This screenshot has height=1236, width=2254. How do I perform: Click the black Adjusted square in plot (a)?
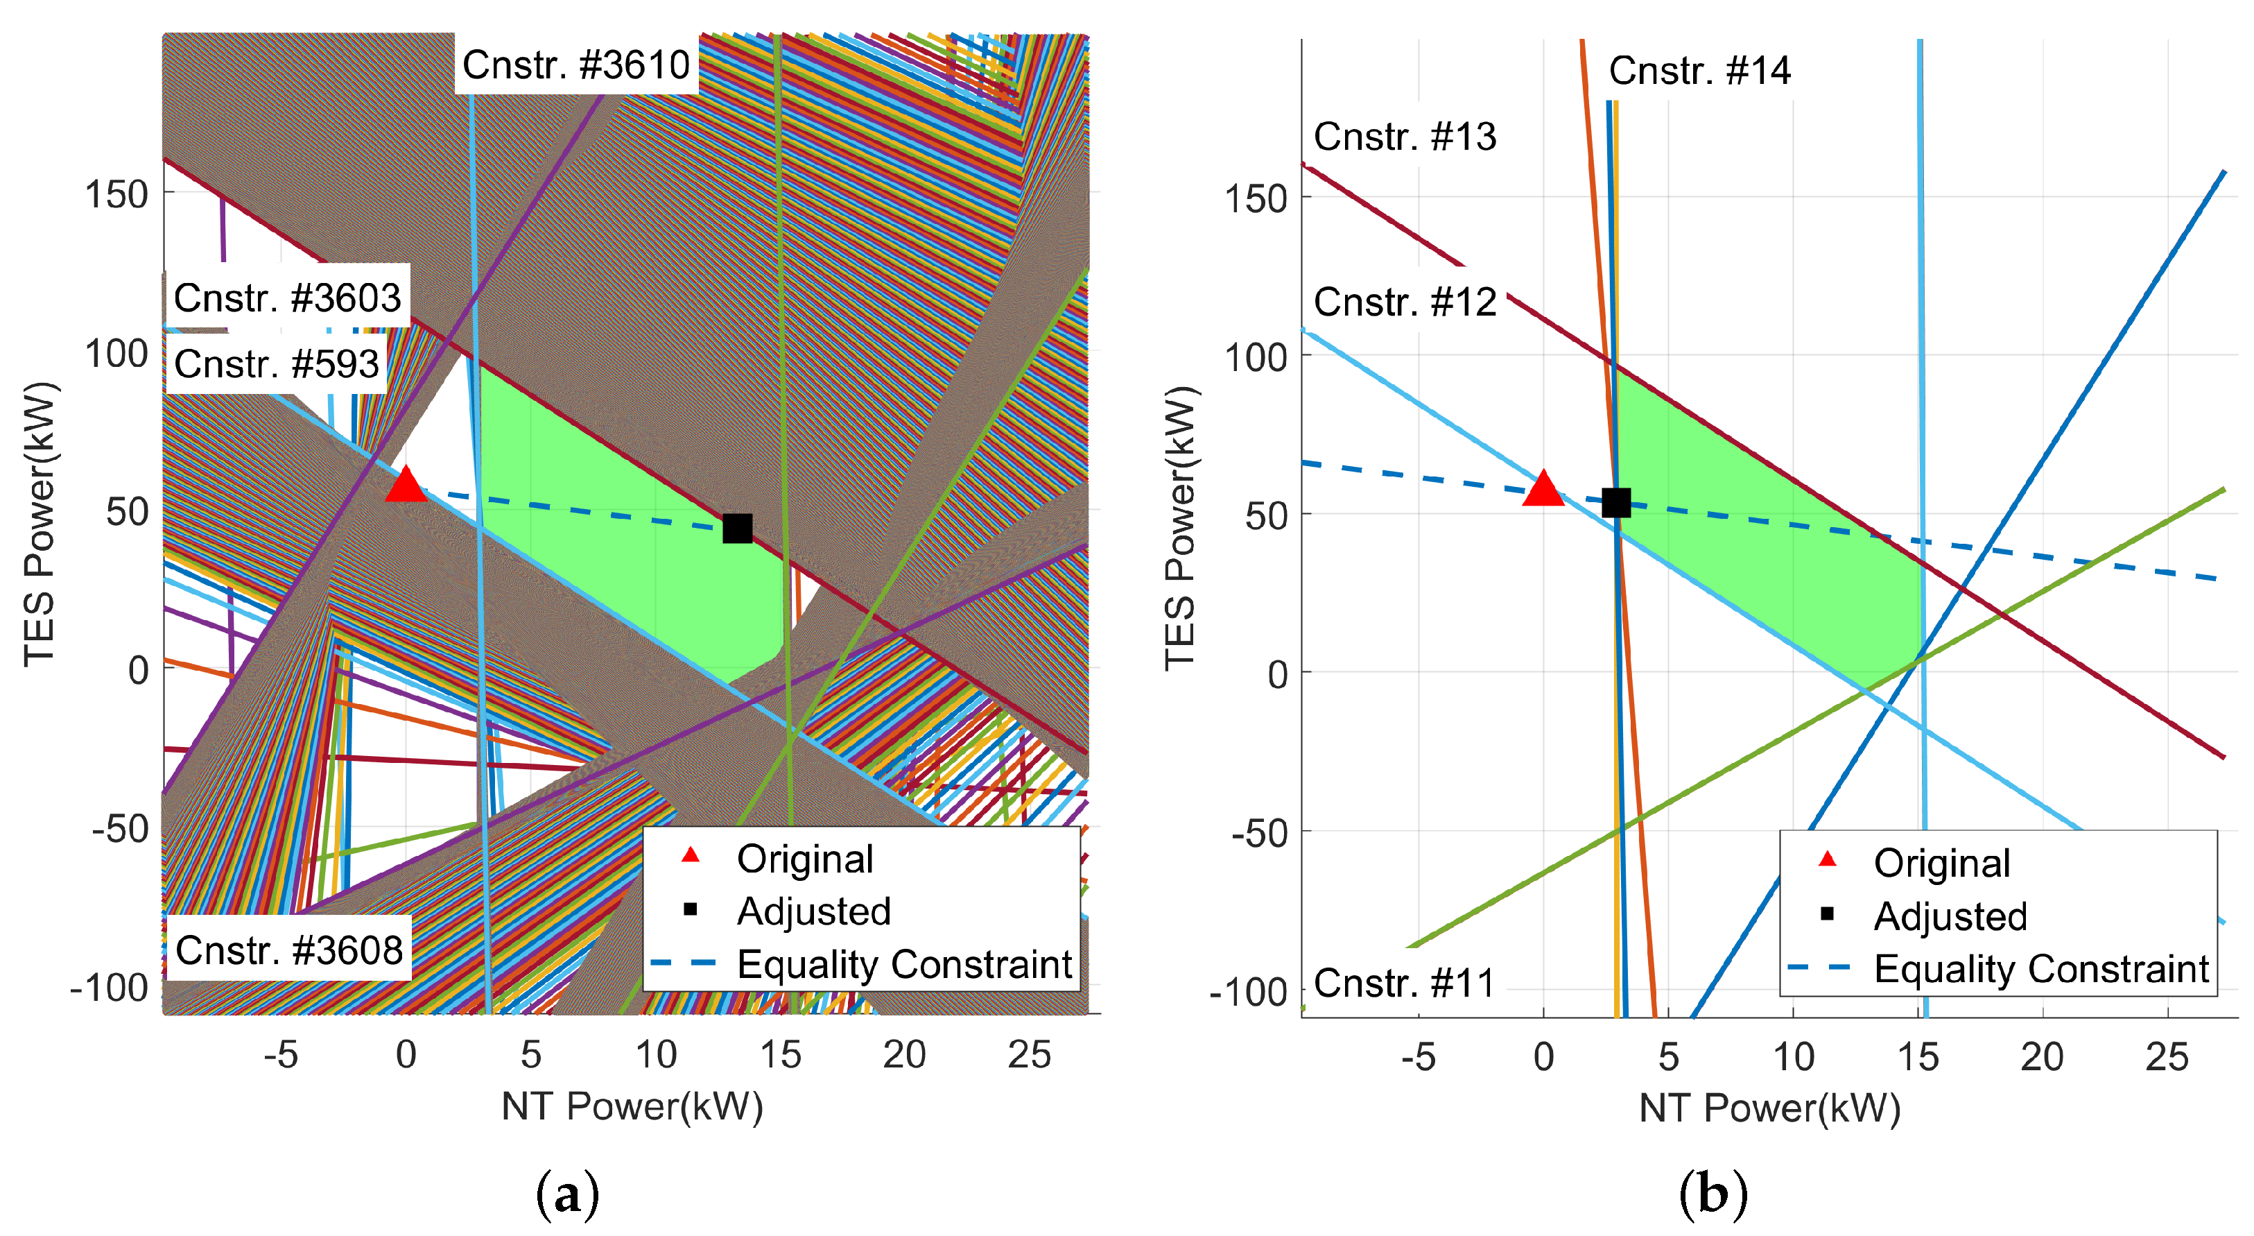737,528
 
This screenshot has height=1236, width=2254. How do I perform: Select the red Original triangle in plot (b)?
1543,489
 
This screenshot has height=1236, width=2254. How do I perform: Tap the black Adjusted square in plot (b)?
1615,502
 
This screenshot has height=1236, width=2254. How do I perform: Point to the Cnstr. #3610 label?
575,65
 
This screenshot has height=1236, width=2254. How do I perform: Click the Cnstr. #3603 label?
287,298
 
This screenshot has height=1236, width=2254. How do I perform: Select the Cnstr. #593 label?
277,364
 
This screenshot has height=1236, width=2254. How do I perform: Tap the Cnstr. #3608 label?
288,950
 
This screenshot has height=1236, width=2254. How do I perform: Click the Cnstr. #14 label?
1699,70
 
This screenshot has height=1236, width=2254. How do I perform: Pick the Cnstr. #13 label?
1405,137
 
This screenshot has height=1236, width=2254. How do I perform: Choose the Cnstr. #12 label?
1405,302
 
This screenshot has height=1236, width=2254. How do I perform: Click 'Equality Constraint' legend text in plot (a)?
904,965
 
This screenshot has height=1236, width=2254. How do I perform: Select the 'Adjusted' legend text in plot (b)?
1950,916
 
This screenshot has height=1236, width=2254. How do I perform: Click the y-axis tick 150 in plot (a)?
116,194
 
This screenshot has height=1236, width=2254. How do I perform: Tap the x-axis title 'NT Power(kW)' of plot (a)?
632,1106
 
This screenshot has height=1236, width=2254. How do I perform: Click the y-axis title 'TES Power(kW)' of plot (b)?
1179,529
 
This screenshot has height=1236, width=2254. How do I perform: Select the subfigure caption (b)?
1713,1195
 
